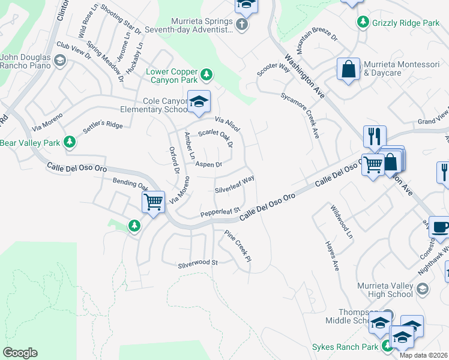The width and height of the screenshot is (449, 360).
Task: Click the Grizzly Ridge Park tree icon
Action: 363,22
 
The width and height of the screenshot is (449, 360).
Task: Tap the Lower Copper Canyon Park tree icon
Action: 206,74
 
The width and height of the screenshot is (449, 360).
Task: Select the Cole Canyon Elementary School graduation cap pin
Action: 199,102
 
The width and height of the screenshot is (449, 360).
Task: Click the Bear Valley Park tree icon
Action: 70,142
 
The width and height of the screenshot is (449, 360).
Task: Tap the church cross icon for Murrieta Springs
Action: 241,25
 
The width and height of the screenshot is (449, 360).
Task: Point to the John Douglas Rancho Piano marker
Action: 59,60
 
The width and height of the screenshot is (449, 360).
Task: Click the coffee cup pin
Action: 440,227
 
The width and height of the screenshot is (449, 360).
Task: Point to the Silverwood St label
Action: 197,263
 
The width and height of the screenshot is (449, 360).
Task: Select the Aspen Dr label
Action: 209,164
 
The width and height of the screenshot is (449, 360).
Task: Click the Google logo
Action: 20,352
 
